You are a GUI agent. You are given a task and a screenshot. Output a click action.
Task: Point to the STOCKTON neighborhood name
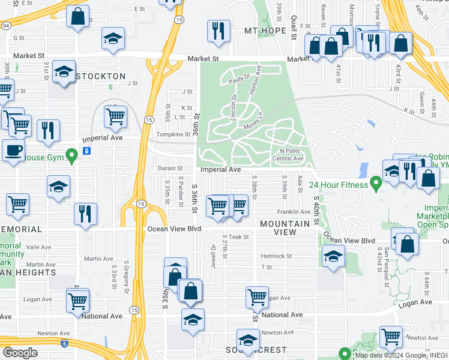101,76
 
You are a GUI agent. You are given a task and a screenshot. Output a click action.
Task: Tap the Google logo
20,353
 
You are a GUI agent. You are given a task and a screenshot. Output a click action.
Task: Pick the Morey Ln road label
253,119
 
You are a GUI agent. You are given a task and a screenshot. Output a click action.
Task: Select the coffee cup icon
13,151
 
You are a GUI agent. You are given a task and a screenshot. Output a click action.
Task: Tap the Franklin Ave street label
293,212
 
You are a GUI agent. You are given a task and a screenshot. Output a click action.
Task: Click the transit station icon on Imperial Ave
86,151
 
